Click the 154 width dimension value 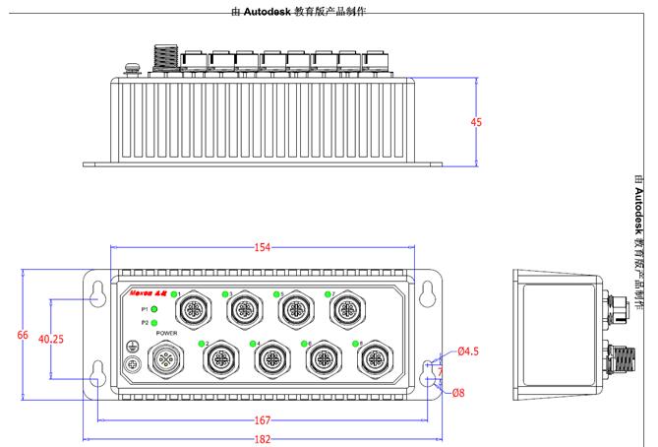pyautogui.click(x=263, y=248)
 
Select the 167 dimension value pyautogui.click(x=263, y=420)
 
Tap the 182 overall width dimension pyautogui.click(x=263, y=439)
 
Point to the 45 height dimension pyautogui.click(x=477, y=123)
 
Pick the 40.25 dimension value pyautogui.click(x=51, y=338)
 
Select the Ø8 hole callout pyautogui.click(x=458, y=393)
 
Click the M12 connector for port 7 pyautogui.click(x=346, y=311)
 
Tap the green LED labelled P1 pyautogui.click(x=154, y=309)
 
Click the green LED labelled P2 pyautogui.click(x=154, y=323)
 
